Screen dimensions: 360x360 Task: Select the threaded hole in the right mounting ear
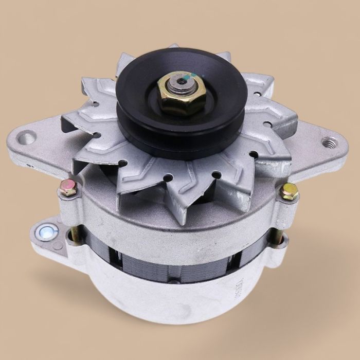tap(327, 142)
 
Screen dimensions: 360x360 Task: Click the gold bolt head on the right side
tap(290, 191)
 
